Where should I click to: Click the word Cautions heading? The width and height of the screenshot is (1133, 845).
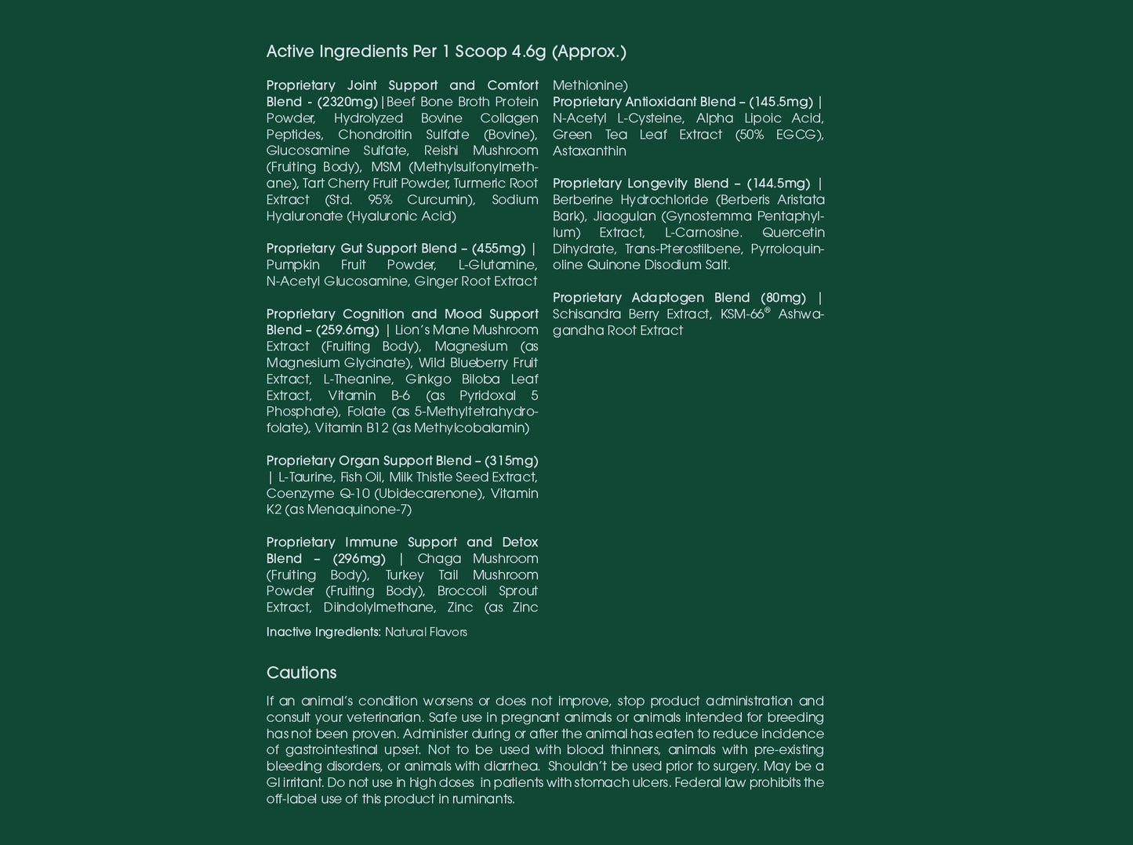pyautogui.click(x=301, y=673)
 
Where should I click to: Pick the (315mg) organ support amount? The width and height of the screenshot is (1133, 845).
pyautogui.click(x=511, y=461)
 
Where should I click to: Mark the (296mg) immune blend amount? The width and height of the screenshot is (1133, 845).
pyautogui.click(x=359, y=559)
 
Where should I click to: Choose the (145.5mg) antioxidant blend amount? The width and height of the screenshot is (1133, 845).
pyautogui.click(x=781, y=102)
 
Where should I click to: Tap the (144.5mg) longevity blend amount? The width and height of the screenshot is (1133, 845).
pyautogui.click(x=779, y=183)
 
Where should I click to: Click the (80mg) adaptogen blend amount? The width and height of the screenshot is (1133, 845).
pyautogui.click(x=783, y=298)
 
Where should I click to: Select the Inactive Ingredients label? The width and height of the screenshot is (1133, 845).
pyautogui.click(x=323, y=633)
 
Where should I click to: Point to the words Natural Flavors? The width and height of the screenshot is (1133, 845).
pyautogui.click(x=426, y=633)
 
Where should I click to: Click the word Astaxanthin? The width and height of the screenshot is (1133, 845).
pyautogui.click(x=590, y=151)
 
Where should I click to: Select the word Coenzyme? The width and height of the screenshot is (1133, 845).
pyautogui.click(x=295, y=494)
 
